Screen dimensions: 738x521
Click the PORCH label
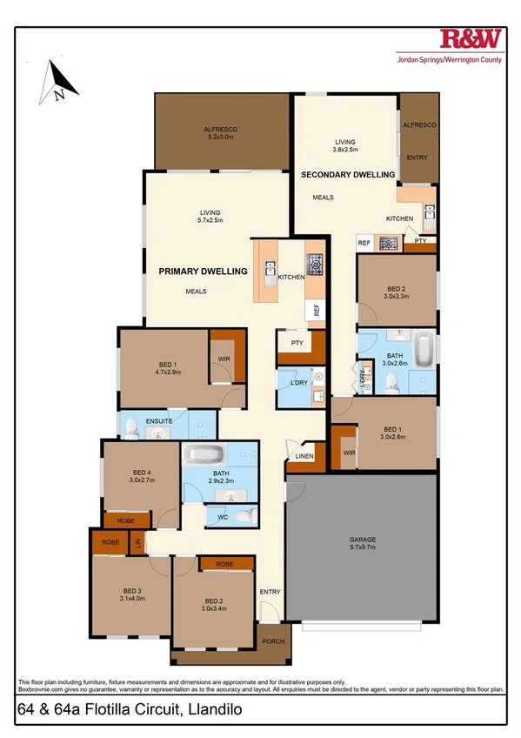tap(273, 642)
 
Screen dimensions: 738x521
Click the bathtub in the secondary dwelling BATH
tap(424, 348)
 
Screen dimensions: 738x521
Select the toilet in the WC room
tap(246, 516)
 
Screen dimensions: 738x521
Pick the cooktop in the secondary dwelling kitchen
tap(389, 244)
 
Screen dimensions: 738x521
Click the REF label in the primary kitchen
tap(317, 309)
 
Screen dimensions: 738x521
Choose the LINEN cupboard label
tap(304, 457)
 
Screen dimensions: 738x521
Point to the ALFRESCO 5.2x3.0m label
tap(221, 132)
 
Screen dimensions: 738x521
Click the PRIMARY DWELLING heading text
tap(203, 272)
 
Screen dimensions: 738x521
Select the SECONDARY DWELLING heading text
tap(348, 175)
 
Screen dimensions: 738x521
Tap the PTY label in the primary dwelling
tap(297, 343)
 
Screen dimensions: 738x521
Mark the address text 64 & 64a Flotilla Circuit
tap(128, 710)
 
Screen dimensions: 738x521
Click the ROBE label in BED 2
tap(225, 564)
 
